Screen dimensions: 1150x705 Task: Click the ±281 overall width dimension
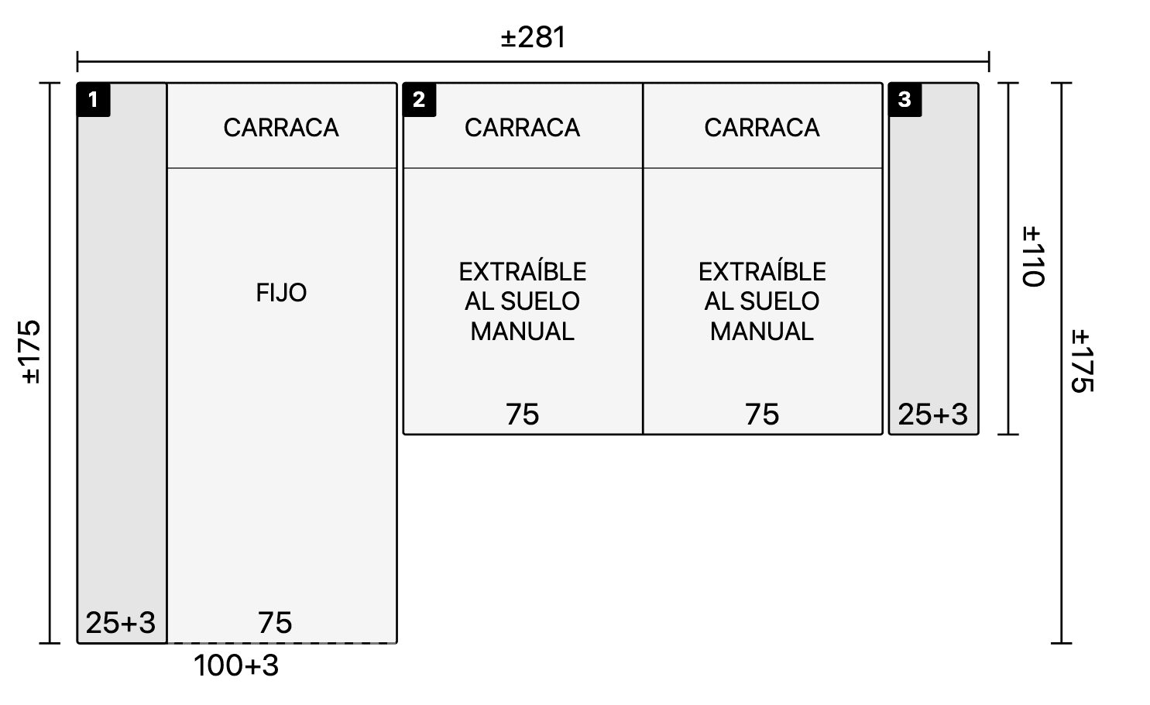(x=534, y=37)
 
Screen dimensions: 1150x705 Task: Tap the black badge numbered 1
(x=94, y=100)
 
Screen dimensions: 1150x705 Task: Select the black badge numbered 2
(x=420, y=100)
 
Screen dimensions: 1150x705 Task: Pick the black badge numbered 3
(x=905, y=100)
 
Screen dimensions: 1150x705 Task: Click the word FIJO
(x=281, y=293)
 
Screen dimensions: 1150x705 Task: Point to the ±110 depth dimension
(x=1033, y=256)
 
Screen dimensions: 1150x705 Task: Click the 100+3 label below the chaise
(x=236, y=665)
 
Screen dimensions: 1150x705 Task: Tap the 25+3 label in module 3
(x=933, y=414)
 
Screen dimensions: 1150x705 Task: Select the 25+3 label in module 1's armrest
(x=121, y=623)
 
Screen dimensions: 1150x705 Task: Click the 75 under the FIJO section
(x=275, y=623)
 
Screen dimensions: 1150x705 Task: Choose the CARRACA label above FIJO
(x=281, y=128)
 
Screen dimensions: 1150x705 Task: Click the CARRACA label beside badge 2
(x=523, y=128)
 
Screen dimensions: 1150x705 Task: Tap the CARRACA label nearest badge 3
(x=762, y=128)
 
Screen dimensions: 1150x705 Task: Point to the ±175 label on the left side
(x=31, y=352)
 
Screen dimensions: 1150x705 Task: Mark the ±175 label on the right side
(x=1083, y=361)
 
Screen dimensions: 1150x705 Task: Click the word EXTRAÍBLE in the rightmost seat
(x=762, y=272)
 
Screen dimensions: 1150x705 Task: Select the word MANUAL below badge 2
(x=523, y=331)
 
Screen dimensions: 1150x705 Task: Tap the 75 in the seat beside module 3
(x=762, y=414)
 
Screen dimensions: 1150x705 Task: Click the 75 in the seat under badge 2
(x=523, y=414)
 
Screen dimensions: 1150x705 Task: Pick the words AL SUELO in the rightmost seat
(x=762, y=301)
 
